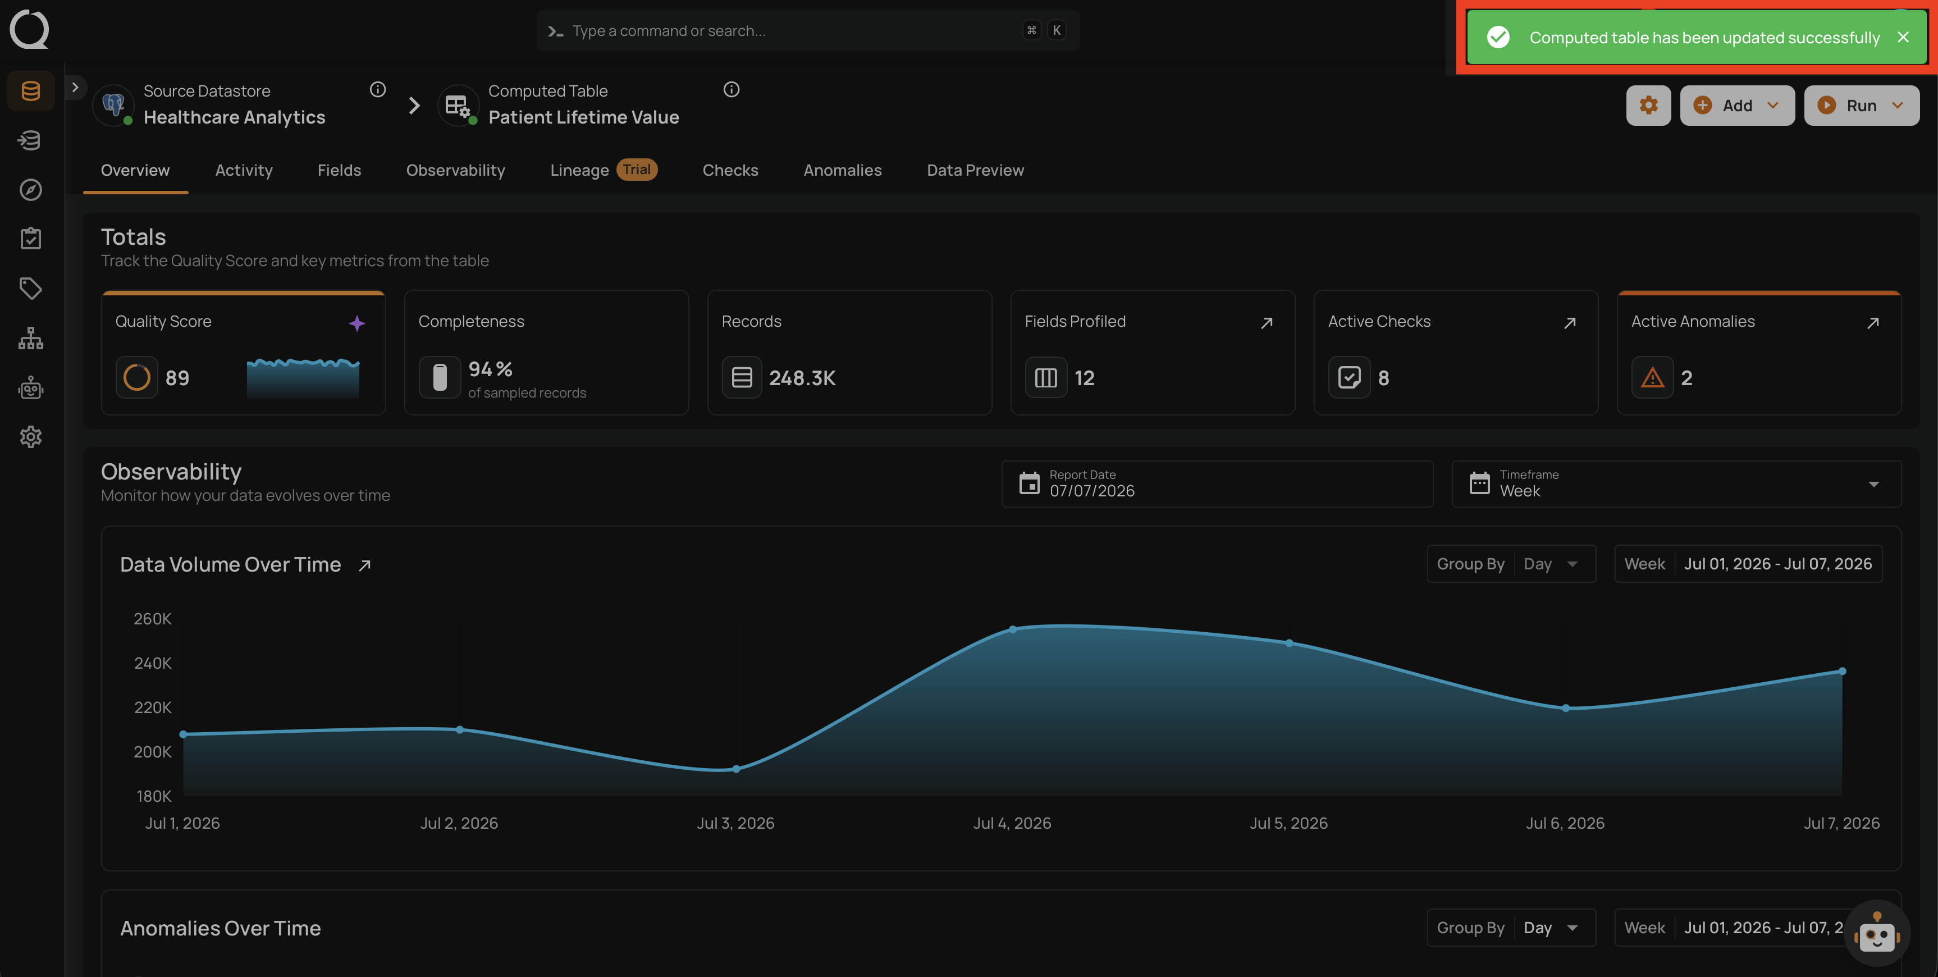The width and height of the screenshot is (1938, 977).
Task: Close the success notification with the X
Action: pyautogui.click(x=1903, y=37)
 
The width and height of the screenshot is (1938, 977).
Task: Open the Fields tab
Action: pyautogui.click(x=339, y=170)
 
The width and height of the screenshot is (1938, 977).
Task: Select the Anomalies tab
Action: pyautogui.click(x=843, y=170)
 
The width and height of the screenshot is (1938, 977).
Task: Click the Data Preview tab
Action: pyautogui.click(x=975, y=170)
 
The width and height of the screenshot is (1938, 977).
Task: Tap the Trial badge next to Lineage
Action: pyautogui.click(x=637, y=170)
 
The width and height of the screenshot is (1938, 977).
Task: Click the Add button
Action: pyautogui.click(x=1737, y=106)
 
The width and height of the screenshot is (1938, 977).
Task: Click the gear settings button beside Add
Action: pyautogui.click(x=1648, y=106)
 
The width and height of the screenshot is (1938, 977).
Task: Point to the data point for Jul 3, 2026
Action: pyautogui.click(x=736, y=769)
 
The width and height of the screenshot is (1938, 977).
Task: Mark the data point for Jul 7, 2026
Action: pyautogui.click(x=1841, y=670)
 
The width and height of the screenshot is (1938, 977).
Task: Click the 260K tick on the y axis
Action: pyautogui.click(x=153, y=619)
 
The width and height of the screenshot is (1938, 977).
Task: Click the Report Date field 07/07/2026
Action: pyautogui.click(x=1217, y=484)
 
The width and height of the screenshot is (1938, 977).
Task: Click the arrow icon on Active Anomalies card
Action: pyautogui.click(x=1872, y=323)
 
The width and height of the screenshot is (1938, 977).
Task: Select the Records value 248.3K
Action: pyautogui.click(x=802, y=378)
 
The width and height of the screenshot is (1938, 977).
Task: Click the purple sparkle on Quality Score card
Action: pyautogui.click(x=356, y=323)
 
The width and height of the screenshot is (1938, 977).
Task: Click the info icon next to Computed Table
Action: pyautogui.click(x=732, y=90)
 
